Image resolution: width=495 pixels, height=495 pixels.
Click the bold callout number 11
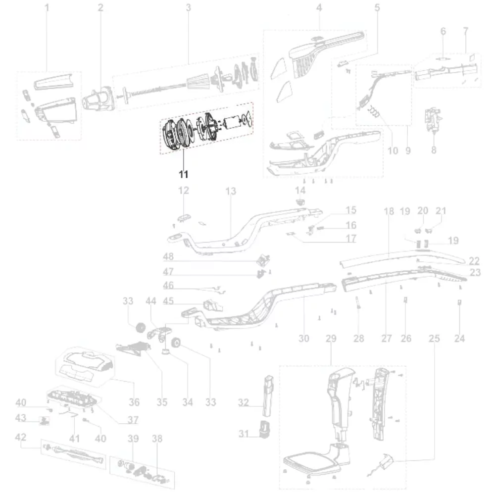[184, 174]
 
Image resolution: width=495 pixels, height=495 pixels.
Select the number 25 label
[434, 339]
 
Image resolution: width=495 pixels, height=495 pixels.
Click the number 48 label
[168, 257]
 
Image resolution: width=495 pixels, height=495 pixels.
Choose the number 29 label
[331, 339]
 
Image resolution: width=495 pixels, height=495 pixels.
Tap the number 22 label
[474, 261]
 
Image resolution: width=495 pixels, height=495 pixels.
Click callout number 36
[134, 401]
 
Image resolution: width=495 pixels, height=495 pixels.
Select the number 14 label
[300, 191]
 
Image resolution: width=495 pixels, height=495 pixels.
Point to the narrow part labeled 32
[268, 396]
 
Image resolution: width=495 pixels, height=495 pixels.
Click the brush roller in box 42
[76, 453]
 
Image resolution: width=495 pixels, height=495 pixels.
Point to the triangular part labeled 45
[210, 304]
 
